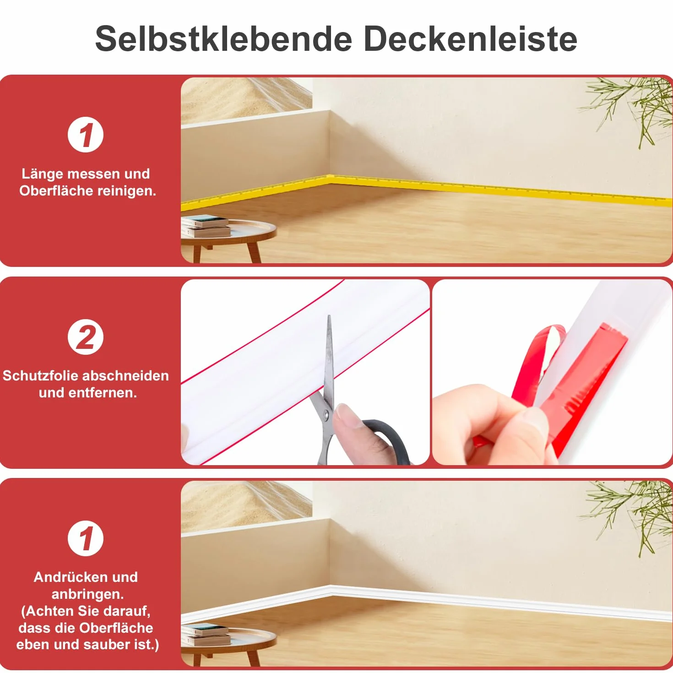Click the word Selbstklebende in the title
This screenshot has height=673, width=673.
[x=224, y=39]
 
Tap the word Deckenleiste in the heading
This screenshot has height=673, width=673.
[x=470, y=39]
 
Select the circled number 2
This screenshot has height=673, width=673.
[x=86, y=337]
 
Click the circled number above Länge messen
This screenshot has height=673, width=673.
[x=86, y=135]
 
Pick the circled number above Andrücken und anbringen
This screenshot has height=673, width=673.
[x=86, y=538]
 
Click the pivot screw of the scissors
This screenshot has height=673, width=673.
[x=326, y=414]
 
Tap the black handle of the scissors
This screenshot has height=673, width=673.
[x=388, y=437]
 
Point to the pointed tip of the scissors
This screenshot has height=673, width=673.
[x=329, y=316]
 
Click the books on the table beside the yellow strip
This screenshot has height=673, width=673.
[x=206, y=226]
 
